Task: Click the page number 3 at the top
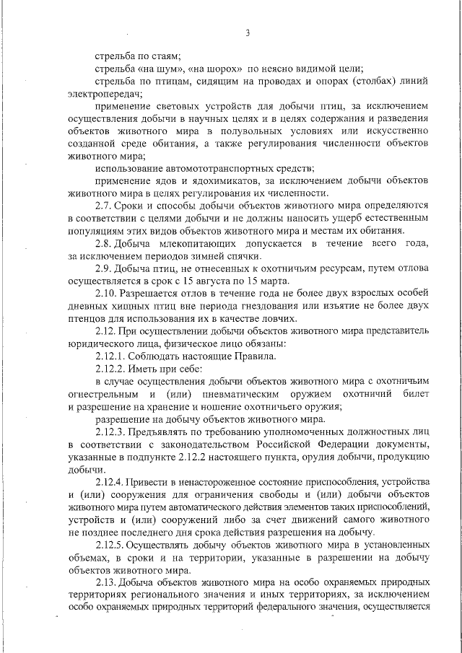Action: pyautogui.click(x=247, y=32)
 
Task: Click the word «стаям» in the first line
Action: pyautogui.click(x=164, y=56)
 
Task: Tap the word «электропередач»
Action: pyautogui.click(x=100, y=93)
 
